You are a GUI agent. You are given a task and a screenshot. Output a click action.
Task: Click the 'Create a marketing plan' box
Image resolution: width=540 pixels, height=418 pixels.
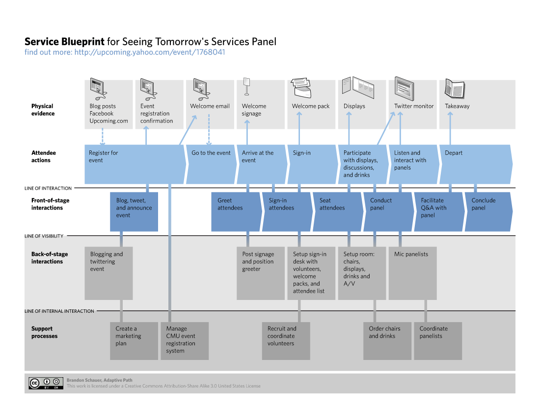[x=134, y=341]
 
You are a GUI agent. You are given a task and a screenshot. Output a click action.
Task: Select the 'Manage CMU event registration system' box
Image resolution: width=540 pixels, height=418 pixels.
[x=185, y=341]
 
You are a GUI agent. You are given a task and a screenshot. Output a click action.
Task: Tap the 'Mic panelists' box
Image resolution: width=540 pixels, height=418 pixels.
[x=412, y=273]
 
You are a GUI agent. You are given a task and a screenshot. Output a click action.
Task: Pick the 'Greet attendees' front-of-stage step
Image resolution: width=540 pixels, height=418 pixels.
[x=236, y=211]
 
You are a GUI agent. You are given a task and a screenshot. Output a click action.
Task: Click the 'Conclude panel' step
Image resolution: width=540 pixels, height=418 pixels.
[x=487, y=211]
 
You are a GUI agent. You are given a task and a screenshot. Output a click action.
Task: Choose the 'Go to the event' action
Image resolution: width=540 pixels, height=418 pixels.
[x=211, y=164]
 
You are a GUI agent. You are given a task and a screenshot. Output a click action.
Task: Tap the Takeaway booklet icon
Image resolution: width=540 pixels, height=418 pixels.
[x=454, y=89]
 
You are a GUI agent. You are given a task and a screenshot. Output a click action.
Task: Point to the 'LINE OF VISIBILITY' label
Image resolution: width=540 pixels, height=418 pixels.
[x=44, y=236]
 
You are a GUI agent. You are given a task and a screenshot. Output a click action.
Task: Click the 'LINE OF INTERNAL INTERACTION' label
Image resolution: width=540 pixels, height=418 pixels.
[x=59, y=311]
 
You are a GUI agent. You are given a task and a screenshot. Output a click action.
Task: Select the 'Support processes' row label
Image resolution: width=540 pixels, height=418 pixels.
[x=45, y=332]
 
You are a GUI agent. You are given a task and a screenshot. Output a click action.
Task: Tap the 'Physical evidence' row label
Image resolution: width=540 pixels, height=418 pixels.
[x=43, y=110]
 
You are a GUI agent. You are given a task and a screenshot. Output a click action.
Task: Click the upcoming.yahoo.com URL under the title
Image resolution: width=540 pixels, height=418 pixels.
[x=149, y=52]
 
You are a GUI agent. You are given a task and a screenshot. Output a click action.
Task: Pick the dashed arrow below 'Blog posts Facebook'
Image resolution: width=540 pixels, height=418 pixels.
[x=103, y=135]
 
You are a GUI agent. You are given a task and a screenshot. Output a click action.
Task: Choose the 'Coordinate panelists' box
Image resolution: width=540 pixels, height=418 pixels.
[x=438, y=341]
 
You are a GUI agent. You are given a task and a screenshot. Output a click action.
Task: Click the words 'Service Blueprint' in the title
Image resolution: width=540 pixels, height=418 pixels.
[x=64, y=41]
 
